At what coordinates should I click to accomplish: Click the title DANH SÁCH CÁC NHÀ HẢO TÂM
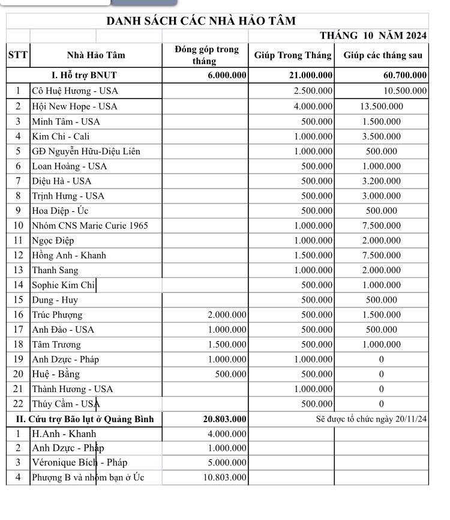(x=201, y=21)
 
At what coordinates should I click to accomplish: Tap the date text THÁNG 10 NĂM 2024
(x=373, y=36)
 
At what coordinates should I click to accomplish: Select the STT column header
(x=17, y=55)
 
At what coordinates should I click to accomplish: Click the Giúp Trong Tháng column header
(x=292, y=55)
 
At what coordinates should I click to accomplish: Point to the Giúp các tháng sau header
(x=382, y=55)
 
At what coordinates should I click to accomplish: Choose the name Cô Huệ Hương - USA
(x=75, y=91)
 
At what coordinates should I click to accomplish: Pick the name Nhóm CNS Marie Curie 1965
(x=89, y=226)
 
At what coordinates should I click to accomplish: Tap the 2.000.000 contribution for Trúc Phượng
(x=227, y=315)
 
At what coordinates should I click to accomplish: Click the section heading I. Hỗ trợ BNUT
(x=84, y=76)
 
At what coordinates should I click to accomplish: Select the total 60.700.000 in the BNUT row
(x=404, y=76)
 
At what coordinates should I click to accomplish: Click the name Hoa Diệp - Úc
(x=60, y=211)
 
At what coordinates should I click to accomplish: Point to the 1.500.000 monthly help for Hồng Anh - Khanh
(x=313, y=255)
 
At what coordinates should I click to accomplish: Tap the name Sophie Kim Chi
(x=63, y=285)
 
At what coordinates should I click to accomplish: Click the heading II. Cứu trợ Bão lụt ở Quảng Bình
(x=85, y=419)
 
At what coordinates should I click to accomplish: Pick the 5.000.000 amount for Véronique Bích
(x=227, y=463)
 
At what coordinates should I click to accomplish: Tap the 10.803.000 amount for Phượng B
(x=224, y=478)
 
